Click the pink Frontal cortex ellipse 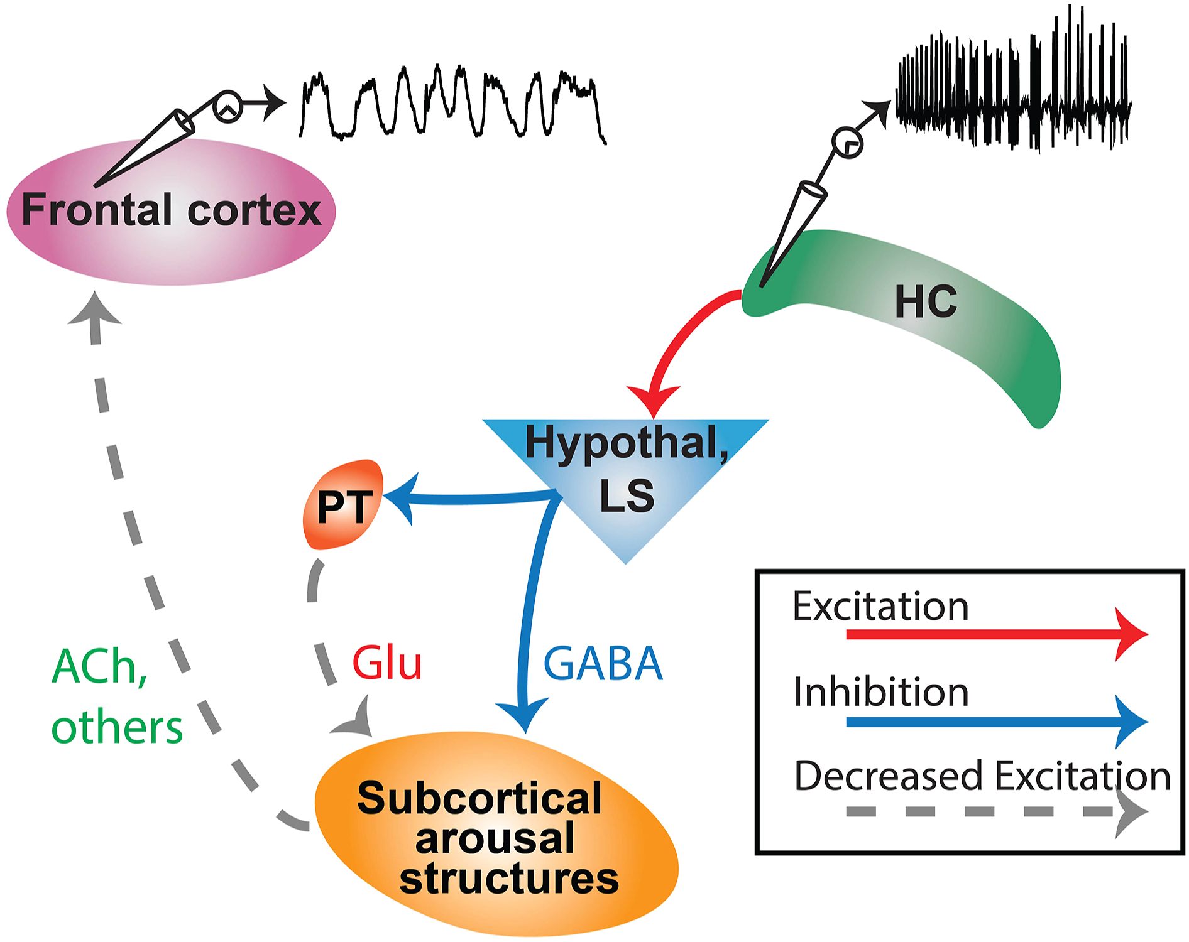(171, 212)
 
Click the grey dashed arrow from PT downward (321, 647)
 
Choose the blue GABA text (603, 664)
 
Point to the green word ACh (99, 667)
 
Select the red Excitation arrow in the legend (998, 634)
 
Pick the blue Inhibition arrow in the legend (998, 722)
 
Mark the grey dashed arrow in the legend (998, 812)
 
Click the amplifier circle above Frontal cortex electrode (227, 107)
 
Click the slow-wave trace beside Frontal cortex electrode (452, 104)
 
